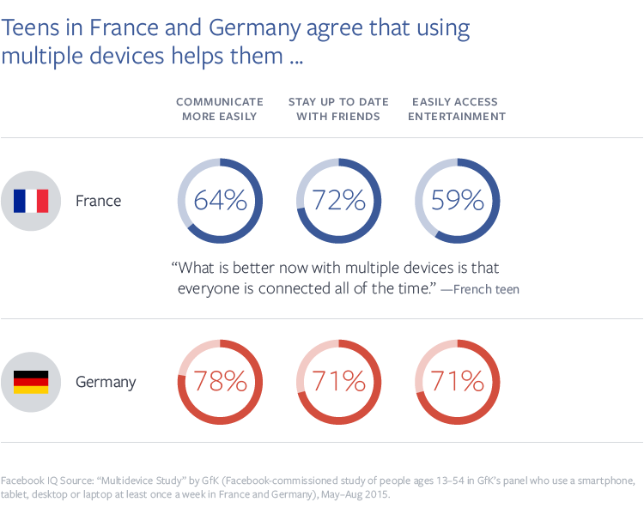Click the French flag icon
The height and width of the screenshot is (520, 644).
pos(31,201)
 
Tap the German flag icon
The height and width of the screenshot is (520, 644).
pos(31,382)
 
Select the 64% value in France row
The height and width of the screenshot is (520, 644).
pos(220,201)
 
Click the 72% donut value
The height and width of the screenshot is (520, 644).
pos(338,201)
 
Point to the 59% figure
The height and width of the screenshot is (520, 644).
pos(457,201)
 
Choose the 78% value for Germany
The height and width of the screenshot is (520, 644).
pos(220,381)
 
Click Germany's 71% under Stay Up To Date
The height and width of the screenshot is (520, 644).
pos(338,381)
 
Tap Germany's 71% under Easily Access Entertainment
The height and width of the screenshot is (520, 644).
pos(457,381)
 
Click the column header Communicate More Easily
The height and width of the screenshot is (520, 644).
pos(220,109)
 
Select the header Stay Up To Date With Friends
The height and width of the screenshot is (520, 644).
pos(338,109)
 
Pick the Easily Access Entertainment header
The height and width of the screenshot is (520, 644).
pos(457,109)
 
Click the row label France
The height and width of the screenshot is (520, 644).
pos(99,201)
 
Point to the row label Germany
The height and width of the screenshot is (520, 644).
pos(106,382)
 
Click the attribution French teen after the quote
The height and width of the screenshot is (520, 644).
pos(486,290)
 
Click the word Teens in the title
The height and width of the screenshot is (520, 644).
pos(33,27)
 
